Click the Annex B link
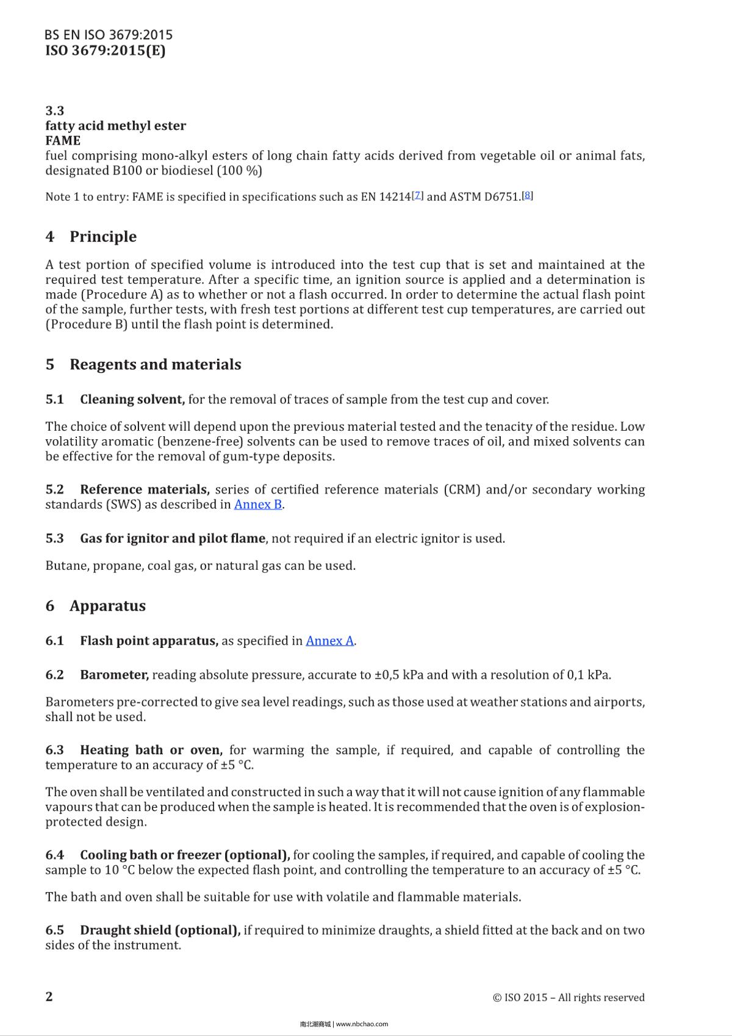click(258, 505)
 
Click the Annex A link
click(330, 641)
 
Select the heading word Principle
click(102, 237)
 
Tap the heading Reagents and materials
click(155, 364)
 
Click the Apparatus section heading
click(107, 606)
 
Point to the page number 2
click(49, 996)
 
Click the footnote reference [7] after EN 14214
click(418, 195)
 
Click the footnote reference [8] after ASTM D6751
click(528, 195)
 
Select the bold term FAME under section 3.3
click(63, 140)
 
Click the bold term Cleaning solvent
click(132, 400)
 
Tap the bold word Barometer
click(114, 675)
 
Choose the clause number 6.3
click(54, 750)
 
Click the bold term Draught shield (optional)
click(160, 930)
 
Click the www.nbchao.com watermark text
click(362, 1024)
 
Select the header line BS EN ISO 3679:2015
click(109, 35)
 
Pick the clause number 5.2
click(54, 489)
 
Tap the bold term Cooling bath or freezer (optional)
click(184, 855)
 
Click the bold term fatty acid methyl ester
click(115, 126)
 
